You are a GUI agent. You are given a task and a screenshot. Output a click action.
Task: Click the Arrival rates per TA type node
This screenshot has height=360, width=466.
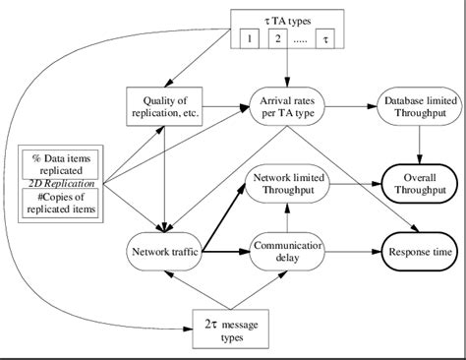[286, 106]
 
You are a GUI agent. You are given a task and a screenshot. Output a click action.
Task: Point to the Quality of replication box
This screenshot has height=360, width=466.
[165, 106]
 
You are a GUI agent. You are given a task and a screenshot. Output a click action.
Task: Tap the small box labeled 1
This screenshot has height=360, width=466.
[251, 39]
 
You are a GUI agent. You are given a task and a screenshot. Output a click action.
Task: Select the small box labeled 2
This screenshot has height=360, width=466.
[278, 39]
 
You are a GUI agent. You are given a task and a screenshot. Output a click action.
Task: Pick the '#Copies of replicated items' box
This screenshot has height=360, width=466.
[61, 201]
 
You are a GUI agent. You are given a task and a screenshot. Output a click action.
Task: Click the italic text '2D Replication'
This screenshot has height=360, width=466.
[61, 183]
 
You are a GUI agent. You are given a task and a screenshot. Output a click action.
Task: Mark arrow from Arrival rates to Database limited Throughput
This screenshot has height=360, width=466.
[352, 106]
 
